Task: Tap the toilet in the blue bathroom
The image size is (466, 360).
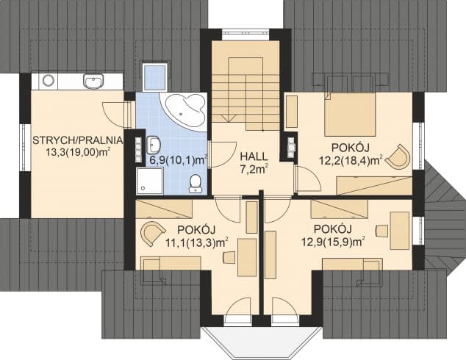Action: (x=196, y=183)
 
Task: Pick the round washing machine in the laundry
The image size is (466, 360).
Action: (x=49, y=80)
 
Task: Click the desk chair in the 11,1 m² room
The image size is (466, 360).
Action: (x=229, y=257)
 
